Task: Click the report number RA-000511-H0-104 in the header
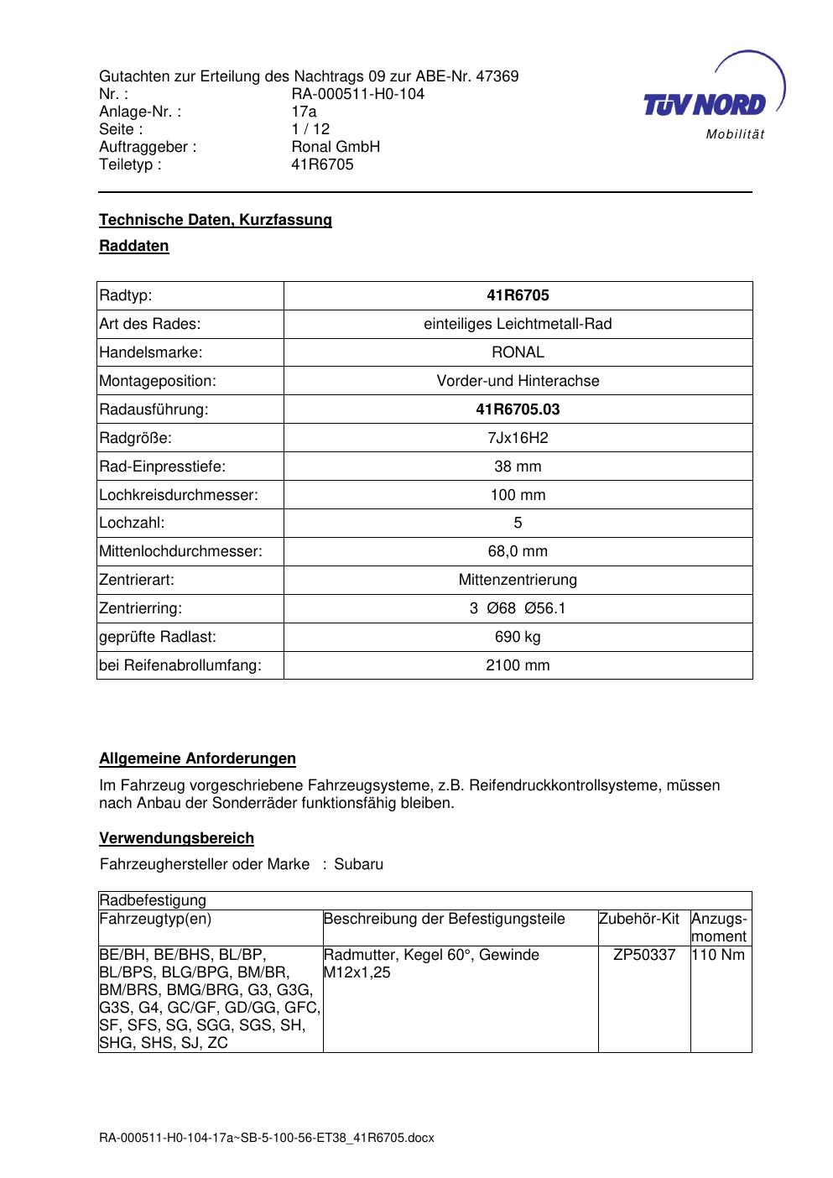coord(357,94)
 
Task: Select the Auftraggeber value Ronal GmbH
coord(336,147)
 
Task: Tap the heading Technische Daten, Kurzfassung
coord(216,220)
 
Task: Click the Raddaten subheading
coord(134,246)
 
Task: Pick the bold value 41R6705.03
coord(518,409)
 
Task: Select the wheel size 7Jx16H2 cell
coord(518,438)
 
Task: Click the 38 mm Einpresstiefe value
coord(518,467)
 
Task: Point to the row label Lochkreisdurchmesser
coord(179,495)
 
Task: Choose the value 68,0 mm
coord(518,551)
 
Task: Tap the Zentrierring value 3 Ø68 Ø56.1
coord(518,608)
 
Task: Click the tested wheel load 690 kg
coord(518,637)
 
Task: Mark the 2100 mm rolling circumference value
coord(518,665)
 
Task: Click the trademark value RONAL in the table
coord(518,352)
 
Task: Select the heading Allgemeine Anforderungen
coord(197,758)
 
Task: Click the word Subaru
coord(358,864)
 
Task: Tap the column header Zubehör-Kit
coord(638,919)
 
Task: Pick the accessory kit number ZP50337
coord(644,955)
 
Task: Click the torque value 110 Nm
coord(718,955)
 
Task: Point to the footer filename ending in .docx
coord(267,1138)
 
